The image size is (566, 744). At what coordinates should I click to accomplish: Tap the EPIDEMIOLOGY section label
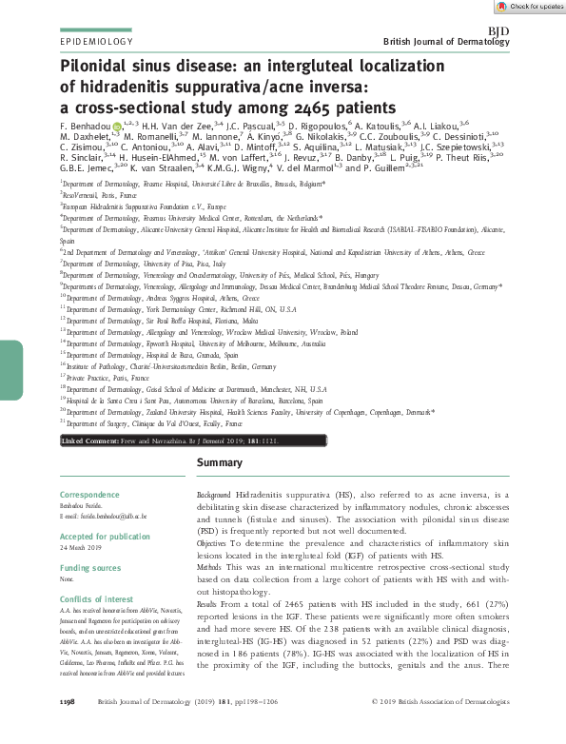point(96,43)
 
